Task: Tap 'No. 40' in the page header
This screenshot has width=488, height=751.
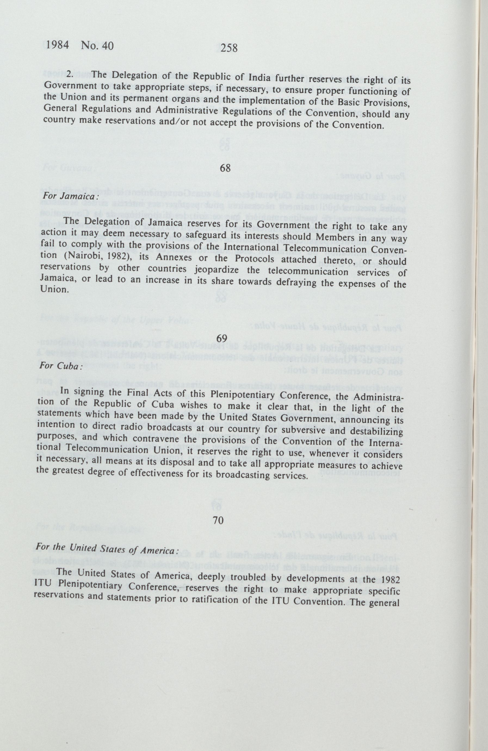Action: [x=97, y=46]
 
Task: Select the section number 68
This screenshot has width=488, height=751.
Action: [x=226, y=168]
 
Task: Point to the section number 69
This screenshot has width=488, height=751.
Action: [x=222, y=338]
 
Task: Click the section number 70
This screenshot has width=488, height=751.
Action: [x=218, y=520]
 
